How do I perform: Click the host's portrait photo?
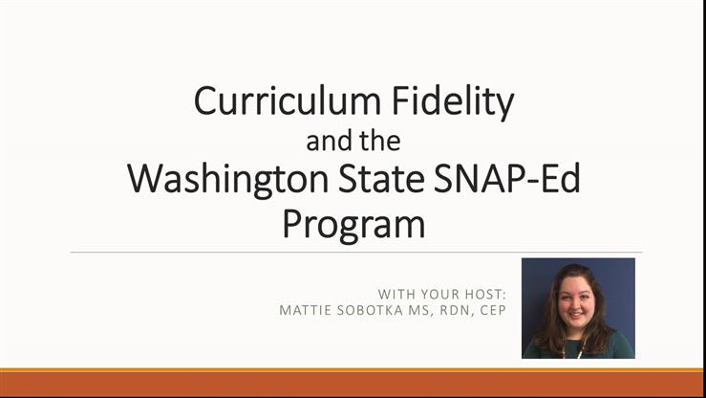[578, 308]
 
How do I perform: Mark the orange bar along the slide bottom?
[353, 383]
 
